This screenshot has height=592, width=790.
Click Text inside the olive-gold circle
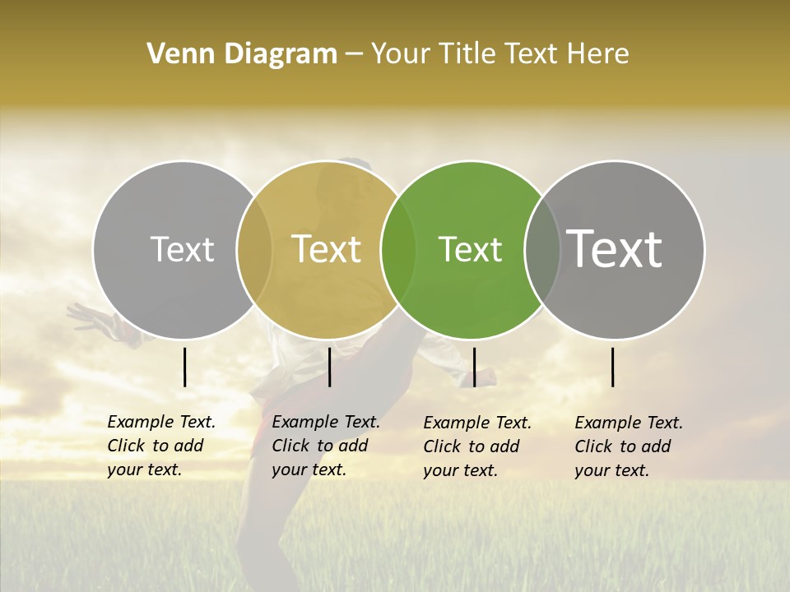[x=327, y=249]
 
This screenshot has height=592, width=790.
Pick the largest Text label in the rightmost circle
[x=615, y=249]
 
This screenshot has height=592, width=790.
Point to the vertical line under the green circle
[x=474, y=367]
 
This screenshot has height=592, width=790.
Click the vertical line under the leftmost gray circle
[x=184, y=367]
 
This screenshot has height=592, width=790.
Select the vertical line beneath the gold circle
[x=329, y=367]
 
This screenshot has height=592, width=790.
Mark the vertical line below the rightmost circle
[x=612, y=367]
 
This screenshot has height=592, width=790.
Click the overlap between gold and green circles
[x=398, y=249]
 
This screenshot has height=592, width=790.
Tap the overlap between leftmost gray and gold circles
[x=254, y=249]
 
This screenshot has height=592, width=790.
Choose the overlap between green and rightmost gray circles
[x=542, y=249]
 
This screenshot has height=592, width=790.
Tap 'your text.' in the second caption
[x=309, y=469]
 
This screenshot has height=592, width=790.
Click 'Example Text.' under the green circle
[x=477, y=423]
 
